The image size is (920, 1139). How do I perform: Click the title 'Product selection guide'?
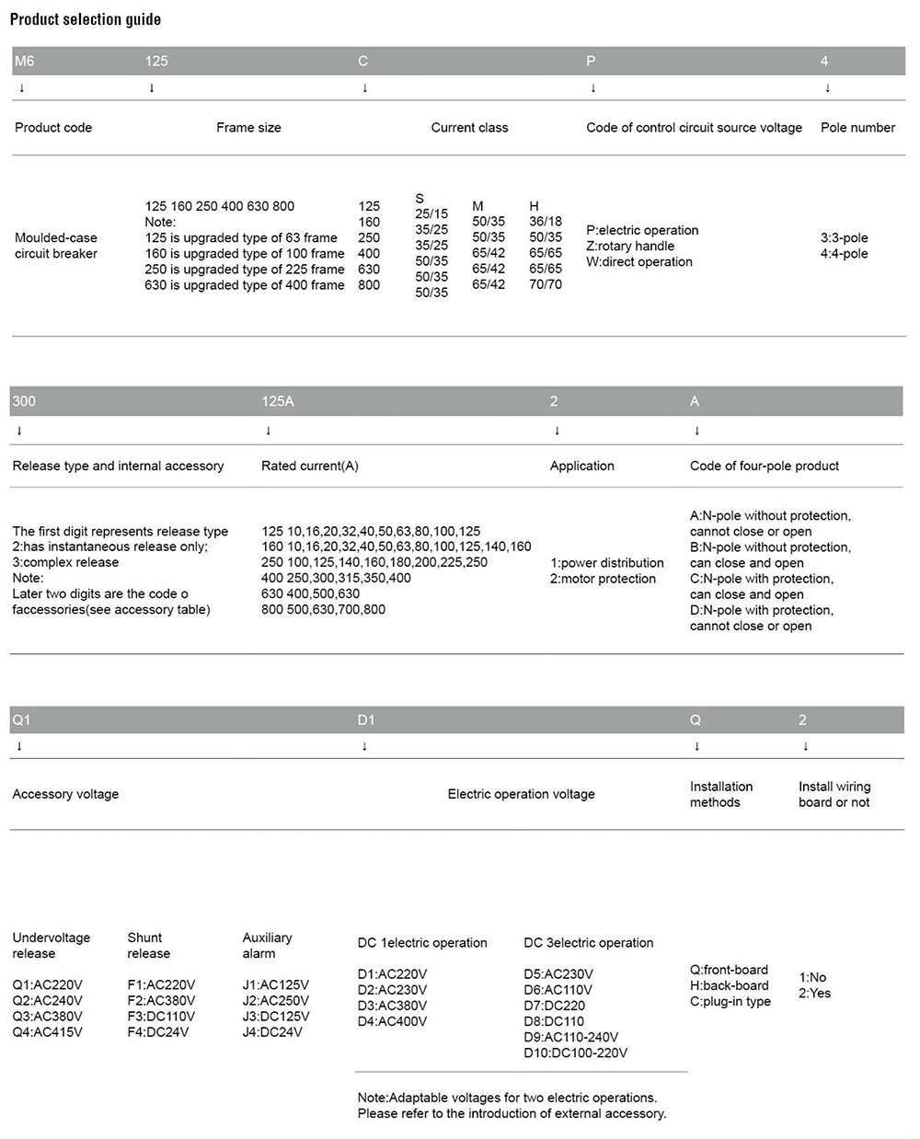tap(85, 19)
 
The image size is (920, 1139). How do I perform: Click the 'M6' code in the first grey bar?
tap(24, 61)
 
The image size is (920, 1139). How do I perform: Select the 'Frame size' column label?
tap(248, 128)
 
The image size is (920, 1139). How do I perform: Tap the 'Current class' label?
tap(469, 128)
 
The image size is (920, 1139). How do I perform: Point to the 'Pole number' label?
tap(857, 128)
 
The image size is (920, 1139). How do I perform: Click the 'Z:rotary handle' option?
tap(630, 246)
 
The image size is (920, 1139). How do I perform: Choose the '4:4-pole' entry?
tap(844, 254)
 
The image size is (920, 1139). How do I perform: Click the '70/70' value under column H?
tap(546, 284)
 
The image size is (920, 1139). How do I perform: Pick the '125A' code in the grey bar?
tap(278, 401)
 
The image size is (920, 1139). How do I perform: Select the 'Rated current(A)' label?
tap(310, 466)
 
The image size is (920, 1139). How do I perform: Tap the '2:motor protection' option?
tap(603, 579)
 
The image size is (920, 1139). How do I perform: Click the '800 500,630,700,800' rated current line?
tap(323, 609)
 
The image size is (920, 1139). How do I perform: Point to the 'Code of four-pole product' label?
tap(765, 466)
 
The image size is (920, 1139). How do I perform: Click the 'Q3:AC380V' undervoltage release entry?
tap(47, 1017)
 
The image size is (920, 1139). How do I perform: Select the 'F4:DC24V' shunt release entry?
tap(157, 1032)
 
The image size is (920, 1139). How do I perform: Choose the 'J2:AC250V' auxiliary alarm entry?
tap(275, 1001)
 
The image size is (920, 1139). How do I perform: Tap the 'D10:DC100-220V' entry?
tap(575, 1053)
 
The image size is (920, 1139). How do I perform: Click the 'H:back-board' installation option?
tap(729, 985)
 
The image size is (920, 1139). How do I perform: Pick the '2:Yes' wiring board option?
tap(814, 994)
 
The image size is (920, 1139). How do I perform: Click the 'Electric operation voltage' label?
tap(521, 794)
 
